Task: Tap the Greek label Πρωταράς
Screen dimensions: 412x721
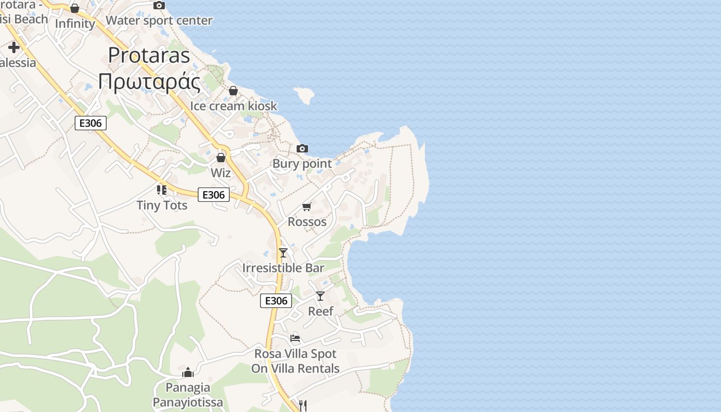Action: tap(149, 82)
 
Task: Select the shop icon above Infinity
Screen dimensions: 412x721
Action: tap(75, 8)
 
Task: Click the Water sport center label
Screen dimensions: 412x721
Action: tap(159, 21)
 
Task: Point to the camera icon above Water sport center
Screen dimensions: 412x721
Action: tap(159, 5)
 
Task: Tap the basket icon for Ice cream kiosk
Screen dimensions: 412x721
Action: tap(233, 91)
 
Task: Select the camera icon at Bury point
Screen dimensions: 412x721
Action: tap(302, 148)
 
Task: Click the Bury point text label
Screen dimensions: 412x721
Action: tap(302, 164)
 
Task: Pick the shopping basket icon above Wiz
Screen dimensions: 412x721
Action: tap(221, 157)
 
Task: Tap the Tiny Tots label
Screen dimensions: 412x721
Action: tap(162, 205)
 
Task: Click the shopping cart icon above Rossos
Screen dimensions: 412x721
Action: tap(307, 207)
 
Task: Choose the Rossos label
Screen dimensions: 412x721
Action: tap(307, 222)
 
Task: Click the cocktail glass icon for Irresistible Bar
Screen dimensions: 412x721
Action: tap(283, 252)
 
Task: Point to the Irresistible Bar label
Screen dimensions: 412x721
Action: tap(283, 268)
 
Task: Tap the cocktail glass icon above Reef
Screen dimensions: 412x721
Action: tap(320, 296)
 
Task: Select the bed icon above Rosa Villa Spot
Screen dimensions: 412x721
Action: tap(295, 338)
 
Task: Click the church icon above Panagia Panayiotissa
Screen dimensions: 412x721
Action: tap(188, 372)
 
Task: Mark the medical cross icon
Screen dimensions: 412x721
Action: tap(14, 48)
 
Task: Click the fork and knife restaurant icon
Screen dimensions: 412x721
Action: tap(303, 405)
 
